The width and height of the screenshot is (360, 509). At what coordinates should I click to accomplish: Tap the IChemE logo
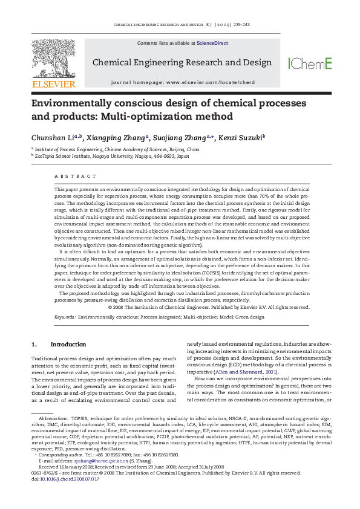click(x=310, y=63)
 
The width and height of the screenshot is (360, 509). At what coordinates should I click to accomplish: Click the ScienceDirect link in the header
click(x=209, y=44)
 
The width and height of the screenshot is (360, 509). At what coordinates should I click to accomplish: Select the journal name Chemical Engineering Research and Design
click(x=182, y=62)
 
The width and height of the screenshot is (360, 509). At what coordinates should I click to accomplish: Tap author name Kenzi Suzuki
click(x=240, y=137)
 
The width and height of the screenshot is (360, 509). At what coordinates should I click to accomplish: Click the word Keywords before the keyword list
click(x=64, y=316)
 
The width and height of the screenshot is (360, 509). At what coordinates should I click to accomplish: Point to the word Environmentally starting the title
click(x=73, y=103)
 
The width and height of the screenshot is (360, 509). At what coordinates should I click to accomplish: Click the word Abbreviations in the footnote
click(x=53, y=452)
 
